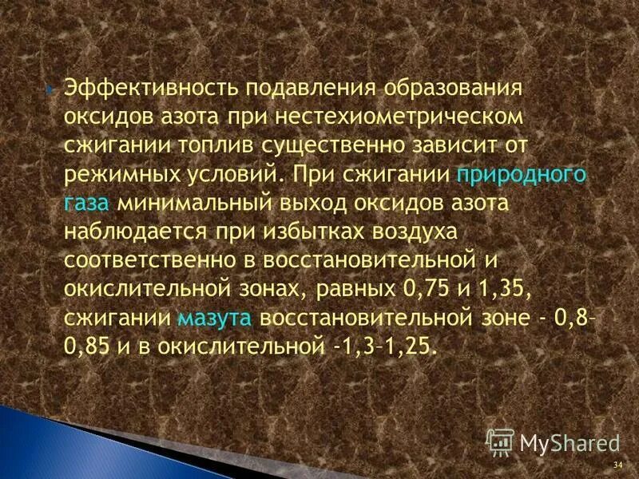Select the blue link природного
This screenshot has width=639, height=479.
[x=522, y=174]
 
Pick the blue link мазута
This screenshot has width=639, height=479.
[x=215, y=318]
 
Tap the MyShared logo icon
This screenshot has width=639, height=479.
[x=501, y=442]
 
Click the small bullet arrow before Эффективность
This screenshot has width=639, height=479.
[x=50, y=87]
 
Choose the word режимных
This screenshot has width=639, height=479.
[x=118, y=174]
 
